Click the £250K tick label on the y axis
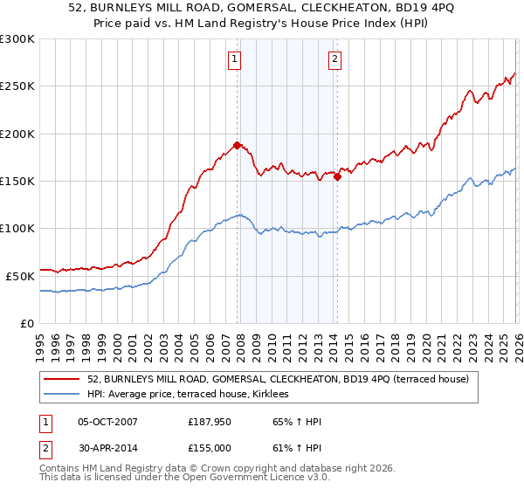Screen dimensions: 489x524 coord(17,86)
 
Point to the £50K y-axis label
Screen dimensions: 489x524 coord(20,275)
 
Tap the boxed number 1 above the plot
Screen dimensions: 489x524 coord(236,59)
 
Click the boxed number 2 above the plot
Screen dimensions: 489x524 coord(334,59)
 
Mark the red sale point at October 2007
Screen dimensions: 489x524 coord(237,145)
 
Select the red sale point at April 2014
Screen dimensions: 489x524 coord(337,176)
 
